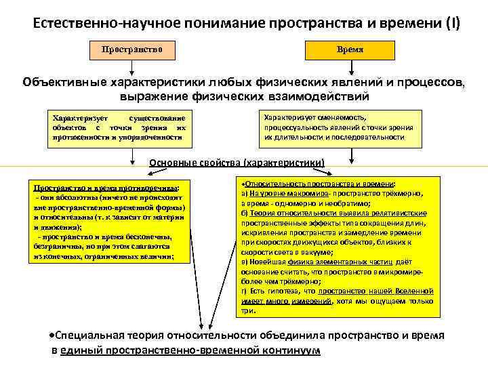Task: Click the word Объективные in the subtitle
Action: coord(64,83)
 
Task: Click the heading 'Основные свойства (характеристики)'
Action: coord(237,163)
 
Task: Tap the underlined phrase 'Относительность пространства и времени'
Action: coord(319,184)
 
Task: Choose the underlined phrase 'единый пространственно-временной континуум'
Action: coord(190,350)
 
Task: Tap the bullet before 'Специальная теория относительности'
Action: coord(53,335)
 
